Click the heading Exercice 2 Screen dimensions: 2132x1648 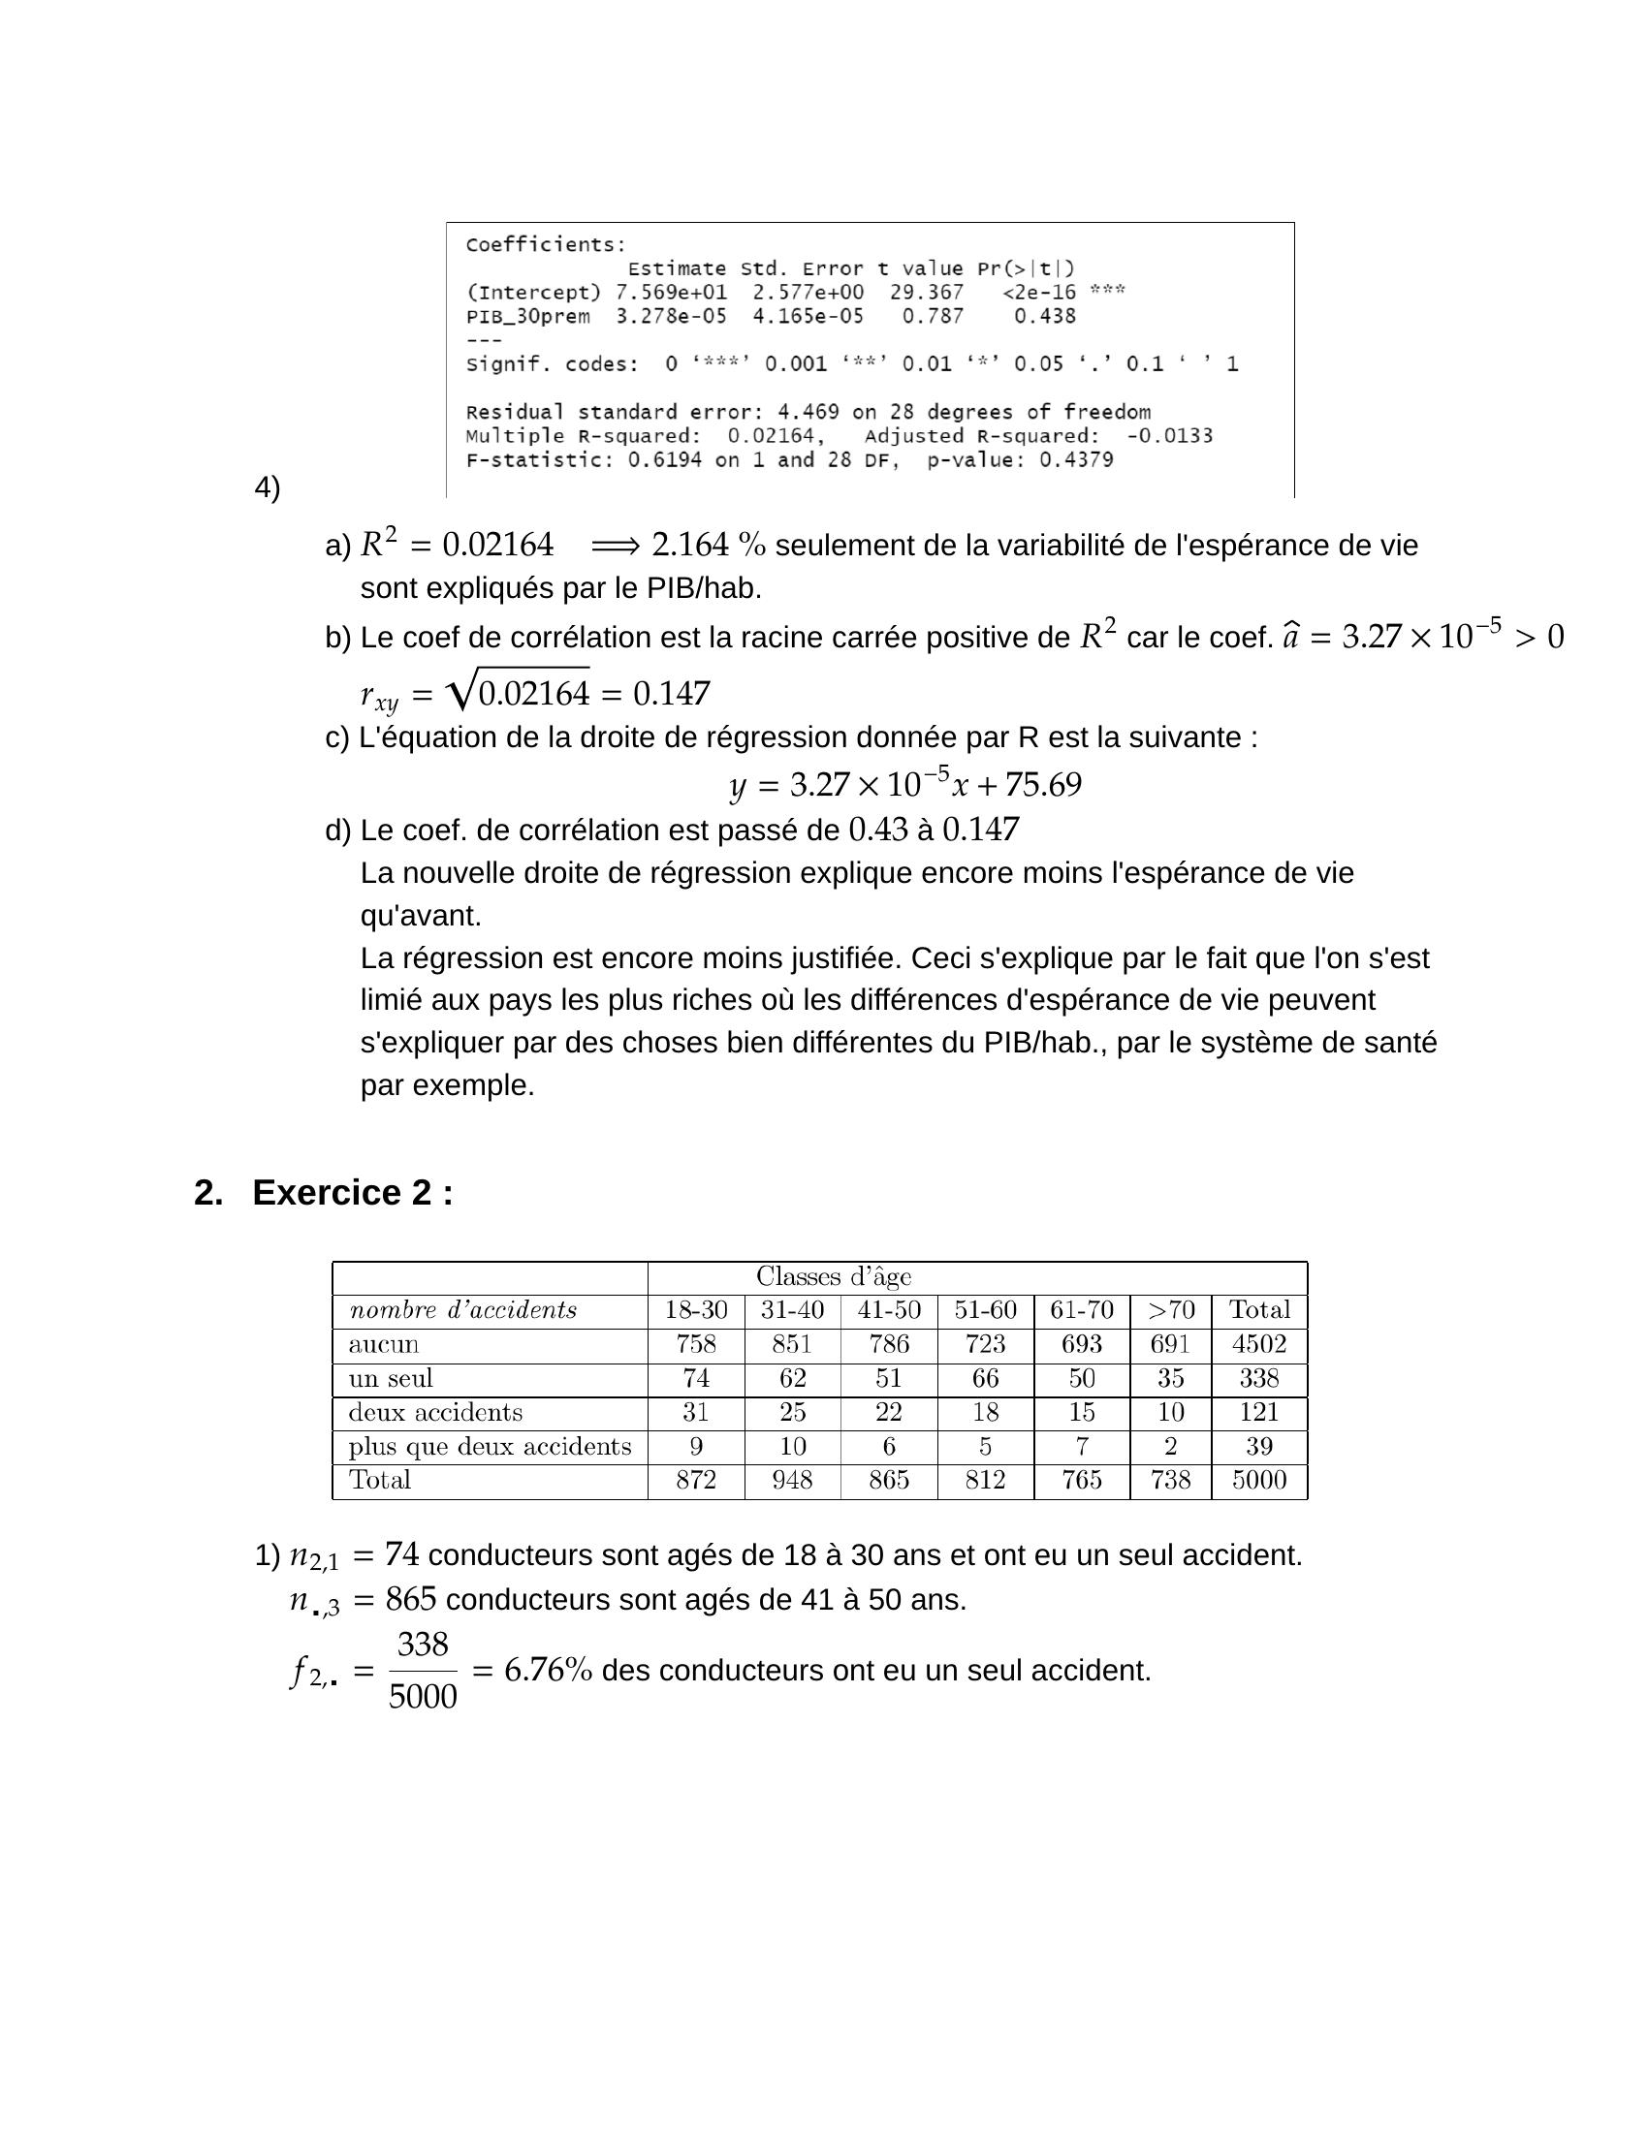(x=352, y=1193)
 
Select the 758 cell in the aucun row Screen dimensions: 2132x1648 (x=695, y=1344)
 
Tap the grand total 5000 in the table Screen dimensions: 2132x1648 (x=1258, y=1480)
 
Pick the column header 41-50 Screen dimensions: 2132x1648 (x=888, y=1310)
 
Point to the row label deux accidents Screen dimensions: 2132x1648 (x=435, y=1413)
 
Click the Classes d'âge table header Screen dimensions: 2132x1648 (x=833, y=1277)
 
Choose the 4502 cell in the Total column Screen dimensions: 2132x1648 (x=1258, y=1344)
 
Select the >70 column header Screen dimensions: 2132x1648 (x=1170, y=1310)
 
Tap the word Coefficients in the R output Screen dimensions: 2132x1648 (x=545, y=245)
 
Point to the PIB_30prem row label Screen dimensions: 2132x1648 (x=527, y=316)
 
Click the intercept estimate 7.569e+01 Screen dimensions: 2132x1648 (x=671, y=293)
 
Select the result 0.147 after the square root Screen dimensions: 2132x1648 (x=672, y=694)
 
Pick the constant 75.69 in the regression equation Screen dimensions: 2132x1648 (x=1043, y=785)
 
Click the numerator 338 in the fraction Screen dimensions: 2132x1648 (x=423, y=1645)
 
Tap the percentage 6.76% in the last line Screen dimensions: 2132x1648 (x=548, y=1672)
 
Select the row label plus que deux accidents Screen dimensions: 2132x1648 (x=490, y=1447)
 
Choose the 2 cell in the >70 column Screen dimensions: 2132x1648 (x=1170, y=1447)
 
